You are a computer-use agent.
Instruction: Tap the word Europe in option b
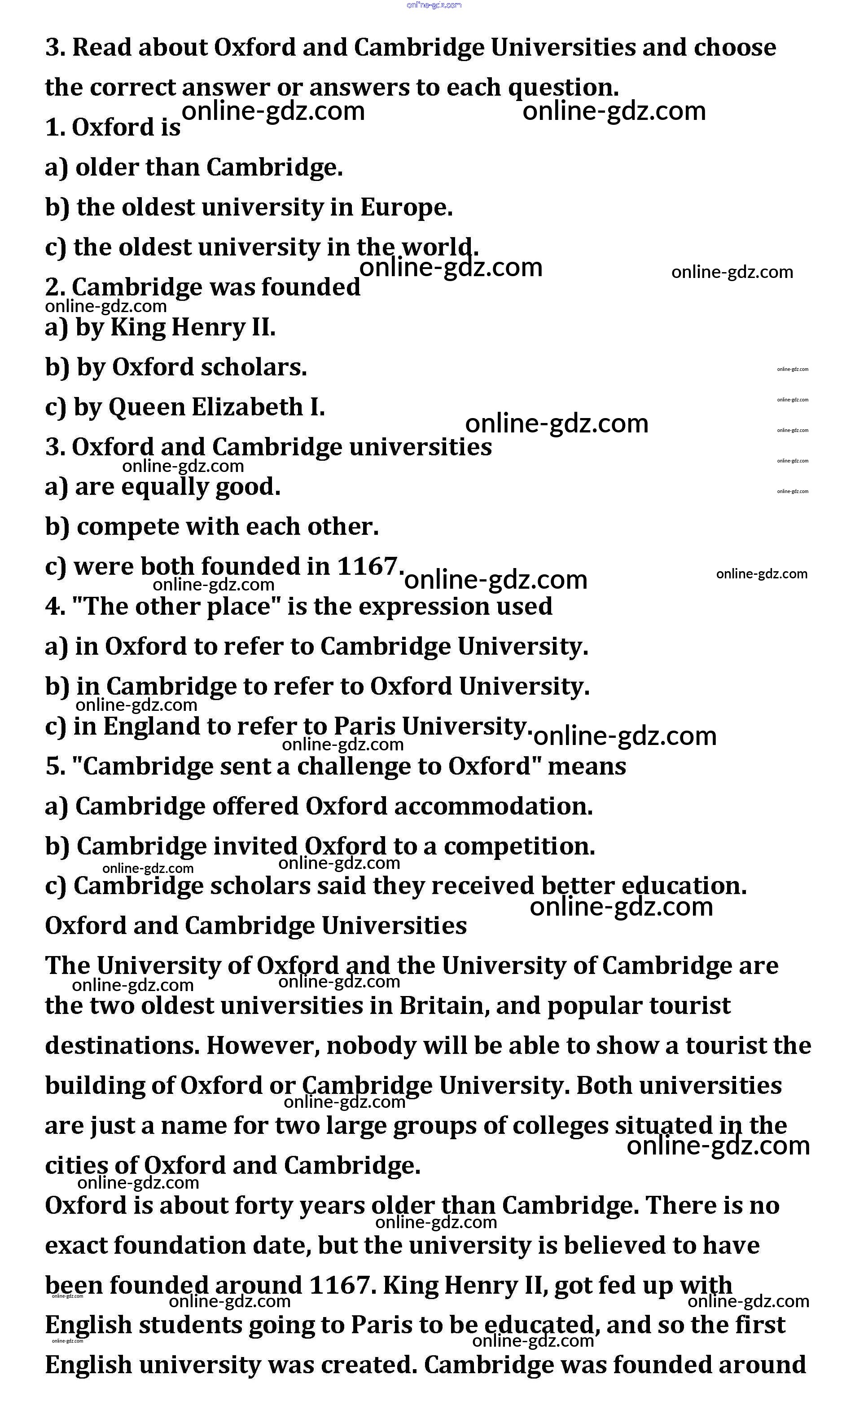point(406,207)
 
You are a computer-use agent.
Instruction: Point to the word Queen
point(146,407)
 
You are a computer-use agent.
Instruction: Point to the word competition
point(519,846)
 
